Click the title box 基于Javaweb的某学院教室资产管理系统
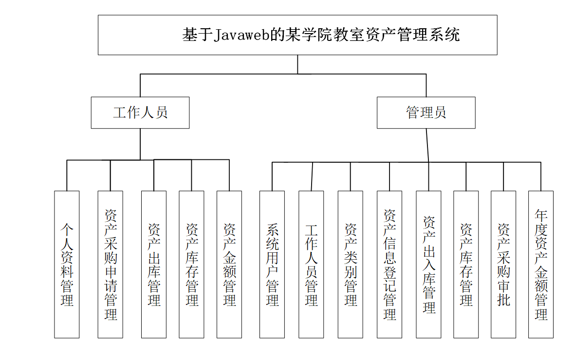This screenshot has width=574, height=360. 297,35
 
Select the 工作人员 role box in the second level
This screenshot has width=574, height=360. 140,113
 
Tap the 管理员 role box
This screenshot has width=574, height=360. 426,113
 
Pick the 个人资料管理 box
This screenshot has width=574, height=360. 67,264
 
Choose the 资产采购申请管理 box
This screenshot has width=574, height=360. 110,264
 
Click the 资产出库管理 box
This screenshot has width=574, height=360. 154,264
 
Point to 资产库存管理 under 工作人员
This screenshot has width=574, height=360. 191,264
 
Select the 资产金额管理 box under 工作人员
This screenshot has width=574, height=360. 229,264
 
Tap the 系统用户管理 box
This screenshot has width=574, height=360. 272,264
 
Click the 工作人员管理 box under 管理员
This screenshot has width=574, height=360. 311,264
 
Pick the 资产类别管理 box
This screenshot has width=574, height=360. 351,264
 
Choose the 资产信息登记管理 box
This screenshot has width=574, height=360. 389,264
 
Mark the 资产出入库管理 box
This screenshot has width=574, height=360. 428,264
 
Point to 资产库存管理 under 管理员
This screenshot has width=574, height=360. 466,264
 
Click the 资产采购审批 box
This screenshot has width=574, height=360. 503,264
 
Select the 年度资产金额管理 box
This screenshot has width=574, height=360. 541,264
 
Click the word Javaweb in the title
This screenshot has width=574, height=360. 242,35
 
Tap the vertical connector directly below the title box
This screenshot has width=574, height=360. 297,64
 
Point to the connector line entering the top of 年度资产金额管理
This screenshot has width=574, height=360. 541,176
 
